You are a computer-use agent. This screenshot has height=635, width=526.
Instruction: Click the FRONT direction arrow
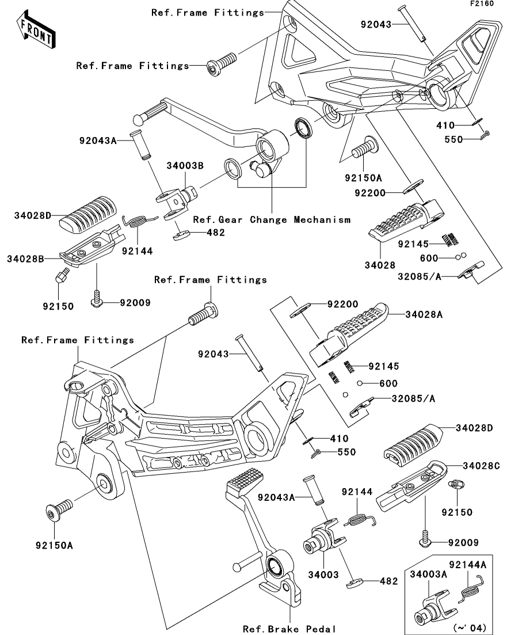point(36,31)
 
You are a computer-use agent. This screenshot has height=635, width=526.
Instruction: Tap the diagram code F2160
point(482,3)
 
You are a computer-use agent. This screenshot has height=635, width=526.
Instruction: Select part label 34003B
point(185,166)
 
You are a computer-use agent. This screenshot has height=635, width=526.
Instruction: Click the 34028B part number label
point(25,258)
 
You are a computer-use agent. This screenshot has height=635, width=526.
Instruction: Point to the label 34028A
point(424,314)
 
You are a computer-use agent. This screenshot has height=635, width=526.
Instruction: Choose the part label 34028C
point(482,466)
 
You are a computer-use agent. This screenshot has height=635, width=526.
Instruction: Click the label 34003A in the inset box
point(428,574)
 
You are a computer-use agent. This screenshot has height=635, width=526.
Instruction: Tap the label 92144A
point(468,564)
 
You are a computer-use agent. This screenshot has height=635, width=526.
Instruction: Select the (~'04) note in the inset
point(471,628)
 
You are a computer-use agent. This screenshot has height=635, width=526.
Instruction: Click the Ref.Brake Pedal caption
point(289,629)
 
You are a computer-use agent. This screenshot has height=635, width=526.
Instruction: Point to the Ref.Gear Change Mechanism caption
point(272,219)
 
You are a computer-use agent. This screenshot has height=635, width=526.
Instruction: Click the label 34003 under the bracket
point(323,574)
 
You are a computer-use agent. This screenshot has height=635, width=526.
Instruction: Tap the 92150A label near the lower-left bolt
point(54,546)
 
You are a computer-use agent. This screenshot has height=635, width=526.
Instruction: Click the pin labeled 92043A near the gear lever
point(140,145)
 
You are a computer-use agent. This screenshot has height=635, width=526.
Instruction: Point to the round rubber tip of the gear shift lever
point(139,120)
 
